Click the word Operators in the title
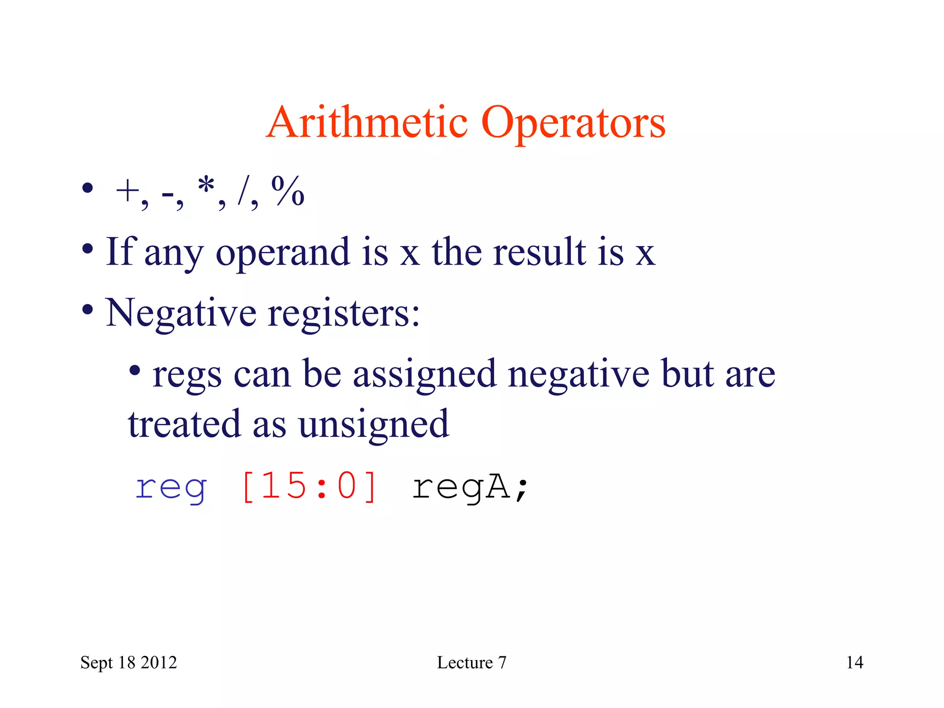click(573, 124)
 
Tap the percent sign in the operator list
click(288, 191)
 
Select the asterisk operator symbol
click(206, 187)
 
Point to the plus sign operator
click(127, 191)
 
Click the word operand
click(283, 253)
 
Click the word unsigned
click(373, 424)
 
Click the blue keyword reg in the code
click(171, 487)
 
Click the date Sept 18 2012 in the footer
click(129, 662)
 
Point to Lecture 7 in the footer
click(472, 662)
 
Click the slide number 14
click(855, 662)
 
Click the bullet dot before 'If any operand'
click(88, 249)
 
